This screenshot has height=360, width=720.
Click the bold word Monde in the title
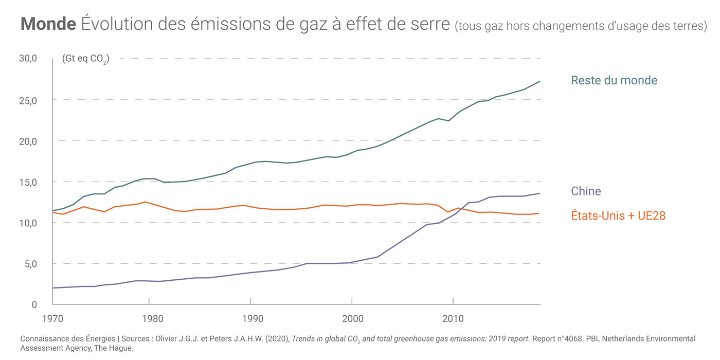tap(48, 24)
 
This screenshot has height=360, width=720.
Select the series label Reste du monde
tap(614, 80)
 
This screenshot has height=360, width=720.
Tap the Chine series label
tap(586, 191)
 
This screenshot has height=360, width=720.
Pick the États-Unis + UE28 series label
tap(618, 216)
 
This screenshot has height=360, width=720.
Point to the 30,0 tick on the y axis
tap(28, 59)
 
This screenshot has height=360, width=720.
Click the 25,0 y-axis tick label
tap(28, 100)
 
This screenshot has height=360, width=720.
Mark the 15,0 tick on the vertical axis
tap(28, 182)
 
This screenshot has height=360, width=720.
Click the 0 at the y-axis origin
tap(34, 304)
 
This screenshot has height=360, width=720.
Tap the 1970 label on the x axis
tap(52, 318)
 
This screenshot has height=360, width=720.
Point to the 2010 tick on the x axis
tap(453, 318)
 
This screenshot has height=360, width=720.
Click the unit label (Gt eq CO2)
tap(85, 59)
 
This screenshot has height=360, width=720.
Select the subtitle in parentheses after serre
tap(581, 26)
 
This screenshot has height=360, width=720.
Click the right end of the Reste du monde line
tap(539, 81)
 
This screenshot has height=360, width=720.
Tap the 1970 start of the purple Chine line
tap(53, 288)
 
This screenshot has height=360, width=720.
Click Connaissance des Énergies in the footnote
tap(68, 339)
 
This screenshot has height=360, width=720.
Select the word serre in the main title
tap(430, 24)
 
